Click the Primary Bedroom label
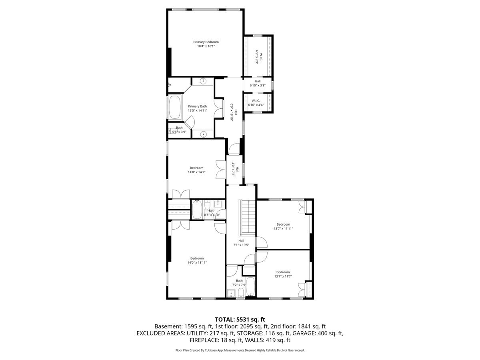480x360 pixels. pyautogui.click(x=206, y=42)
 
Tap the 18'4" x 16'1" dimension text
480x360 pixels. pyautogui.click(x=206, y=46)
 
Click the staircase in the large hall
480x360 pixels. pyautogui.click(x=248, y=217)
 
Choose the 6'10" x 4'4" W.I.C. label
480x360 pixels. pyautogui.click(x=256, y=103)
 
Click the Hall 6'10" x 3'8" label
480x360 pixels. pyautogui.click(x=258, y=83)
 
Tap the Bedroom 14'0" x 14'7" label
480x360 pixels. pyautogui.click(x=196, y=170)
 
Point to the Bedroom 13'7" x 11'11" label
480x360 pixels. pyautogui.click(x=283, y=226)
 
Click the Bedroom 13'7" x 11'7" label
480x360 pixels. pyautogui.click(x=283, y=274)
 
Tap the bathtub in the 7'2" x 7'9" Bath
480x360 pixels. pyautogui.click(x=250, y=286)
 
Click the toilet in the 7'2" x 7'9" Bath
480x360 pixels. pyautogui.click(x=240, y=292)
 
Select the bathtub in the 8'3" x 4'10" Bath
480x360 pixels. pyautogui.click(x=197, y=209)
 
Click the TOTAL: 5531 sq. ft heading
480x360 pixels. pyautogui.click(x=240, y=320)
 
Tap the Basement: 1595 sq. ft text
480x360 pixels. pyautogui.click(x=184, y=326)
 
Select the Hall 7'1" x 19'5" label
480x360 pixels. pyautogui.click(x=241, y=243)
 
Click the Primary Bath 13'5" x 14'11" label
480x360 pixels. pyautogui.click(x=198, y=108)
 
